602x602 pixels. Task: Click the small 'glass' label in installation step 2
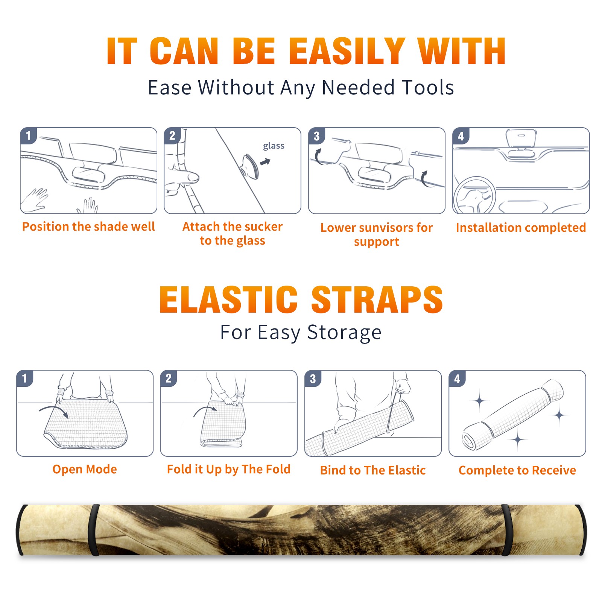[x=274, y=146]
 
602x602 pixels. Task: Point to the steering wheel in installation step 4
[x=474, y=195]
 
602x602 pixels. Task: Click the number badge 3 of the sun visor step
[x=316, y=136]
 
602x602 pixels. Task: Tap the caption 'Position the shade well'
[x=88, y=227]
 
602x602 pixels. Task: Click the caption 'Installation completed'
[x=521, y=227]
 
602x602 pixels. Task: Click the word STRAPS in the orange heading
[x=377, y=299]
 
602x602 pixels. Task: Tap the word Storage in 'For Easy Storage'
[x=344, y=333]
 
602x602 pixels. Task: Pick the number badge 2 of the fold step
[x=169, y=378]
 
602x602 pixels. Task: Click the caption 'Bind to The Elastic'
[x=373, y=470]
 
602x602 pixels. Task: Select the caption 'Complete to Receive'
[x=517, y=470]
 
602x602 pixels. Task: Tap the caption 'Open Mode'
[x=85, y=469]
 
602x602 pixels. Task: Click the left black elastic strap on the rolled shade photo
[x=94, y=530]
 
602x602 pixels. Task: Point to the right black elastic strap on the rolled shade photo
[x=506, y=530]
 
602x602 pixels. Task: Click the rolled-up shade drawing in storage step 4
[x=513, y=415]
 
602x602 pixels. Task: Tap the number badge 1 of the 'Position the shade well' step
[x=28, y=135]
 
